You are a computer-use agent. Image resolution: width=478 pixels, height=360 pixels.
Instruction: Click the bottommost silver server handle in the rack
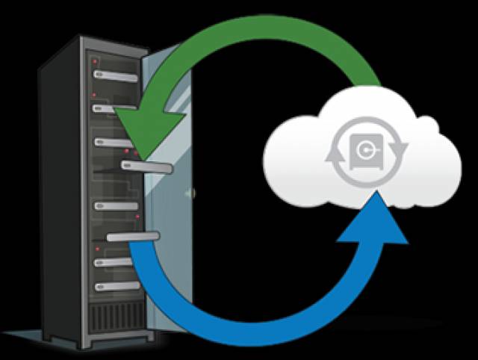click(117, 285)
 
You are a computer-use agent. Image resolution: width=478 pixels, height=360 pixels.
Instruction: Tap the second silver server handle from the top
click(112, 109)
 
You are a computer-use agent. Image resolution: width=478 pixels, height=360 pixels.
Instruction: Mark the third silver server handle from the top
click(112, 141)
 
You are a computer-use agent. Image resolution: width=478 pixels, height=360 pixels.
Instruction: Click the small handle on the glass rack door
click(191, 193)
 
